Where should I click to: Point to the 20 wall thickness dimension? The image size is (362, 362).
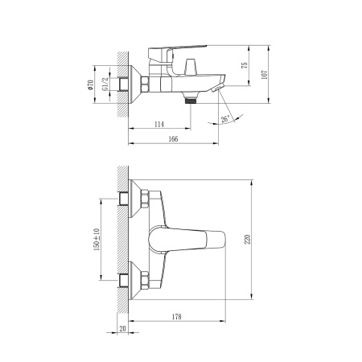click(122, 330)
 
